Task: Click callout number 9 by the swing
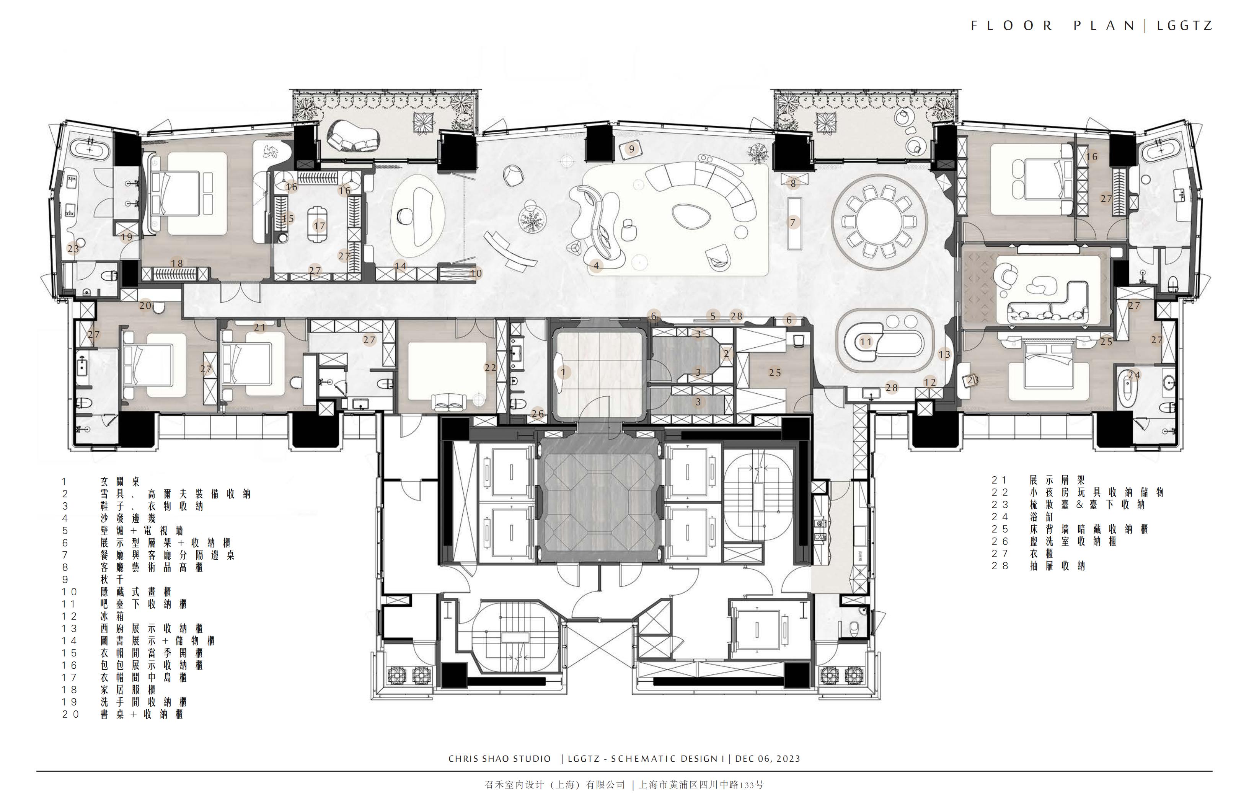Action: click(x=632, y=149)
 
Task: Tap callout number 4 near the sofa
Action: click(x=596, y=266)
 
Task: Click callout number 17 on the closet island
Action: click(x=319, y=226)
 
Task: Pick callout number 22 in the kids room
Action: click(x=490, y=368)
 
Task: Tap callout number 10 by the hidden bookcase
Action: click(x=476, y=273)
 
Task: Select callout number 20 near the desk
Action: click(x=145, y=305)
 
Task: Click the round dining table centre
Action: click(x=880, y=222)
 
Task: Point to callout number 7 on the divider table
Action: click(x=793, y=222)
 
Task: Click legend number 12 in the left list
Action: click(x=69, y=616)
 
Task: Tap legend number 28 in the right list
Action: click(x=1000, y=565)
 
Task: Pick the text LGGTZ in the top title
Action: click(x=1184, y=26)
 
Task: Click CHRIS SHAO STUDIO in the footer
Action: click(x=500, y=759)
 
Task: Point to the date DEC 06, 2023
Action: click(x=768, y=759)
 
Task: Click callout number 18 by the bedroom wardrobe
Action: click(x=177, y=263)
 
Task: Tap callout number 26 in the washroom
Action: click(x=538, y=414)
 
